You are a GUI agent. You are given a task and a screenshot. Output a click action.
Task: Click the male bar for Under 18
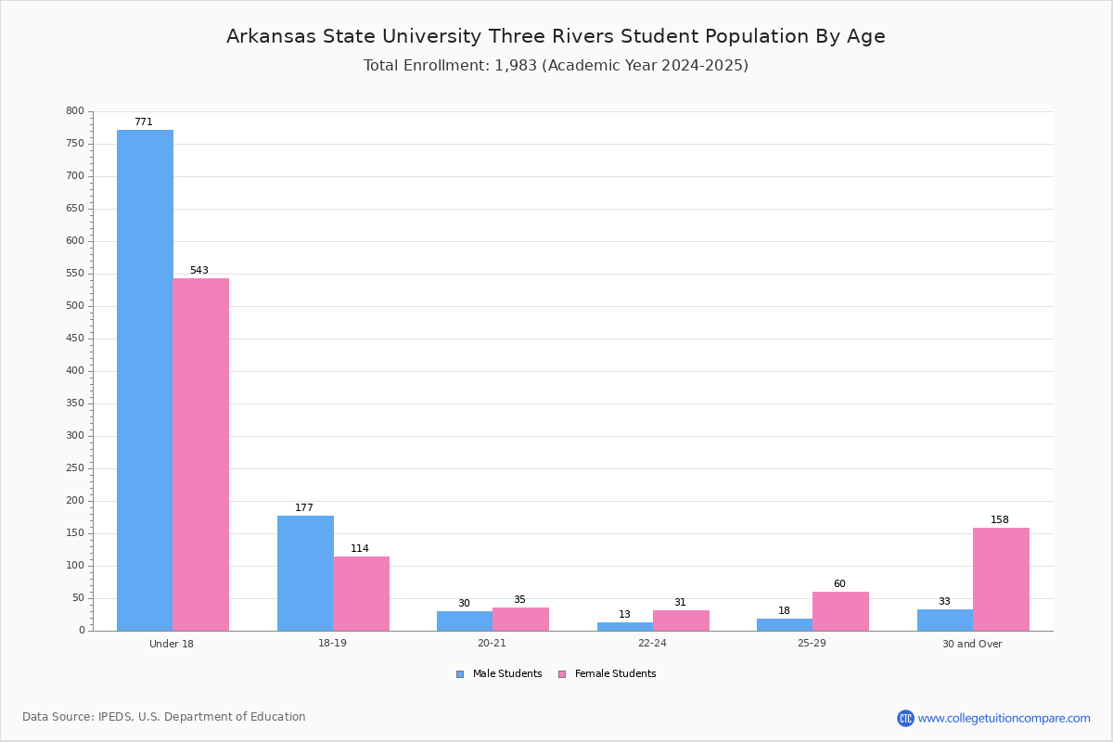click(x=145, y=380)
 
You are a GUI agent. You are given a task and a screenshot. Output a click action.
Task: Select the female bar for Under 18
click(x=200, y=454)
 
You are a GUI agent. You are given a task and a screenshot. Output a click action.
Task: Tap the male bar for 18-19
click(x=305, y=573)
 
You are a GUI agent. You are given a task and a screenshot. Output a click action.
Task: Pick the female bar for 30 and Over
click(x=1001, y=580)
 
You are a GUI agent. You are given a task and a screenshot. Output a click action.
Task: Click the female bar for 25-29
click(x=840, y=611)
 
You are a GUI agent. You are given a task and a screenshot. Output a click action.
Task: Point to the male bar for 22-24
click(x=625, y=627)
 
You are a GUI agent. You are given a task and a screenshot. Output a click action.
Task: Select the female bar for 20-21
click(x=520, y=620)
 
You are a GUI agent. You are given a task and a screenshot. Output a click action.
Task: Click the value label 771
click(x=144, y=122)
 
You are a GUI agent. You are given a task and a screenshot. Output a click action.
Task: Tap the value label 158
click(x=1000, y=519)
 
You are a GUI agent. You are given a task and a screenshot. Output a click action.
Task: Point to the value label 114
click(x=360, y=548)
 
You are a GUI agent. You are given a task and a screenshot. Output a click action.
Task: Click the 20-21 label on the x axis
click(x=492, y=643)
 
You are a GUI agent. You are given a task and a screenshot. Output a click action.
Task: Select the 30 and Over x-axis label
click(x=972, y=644)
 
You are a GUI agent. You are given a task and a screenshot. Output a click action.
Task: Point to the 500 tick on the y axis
click(x=75, y=306)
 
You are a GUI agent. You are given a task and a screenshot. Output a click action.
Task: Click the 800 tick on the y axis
click(x=75, y=110)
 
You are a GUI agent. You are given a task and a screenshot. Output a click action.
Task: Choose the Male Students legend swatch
click(x=460, y=674)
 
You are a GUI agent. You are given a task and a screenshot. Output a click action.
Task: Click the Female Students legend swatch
click(x=562, y=674)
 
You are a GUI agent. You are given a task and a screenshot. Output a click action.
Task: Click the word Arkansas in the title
click(x=271, y=36)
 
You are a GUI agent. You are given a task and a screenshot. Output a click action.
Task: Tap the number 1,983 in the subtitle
click(x=516, y=66)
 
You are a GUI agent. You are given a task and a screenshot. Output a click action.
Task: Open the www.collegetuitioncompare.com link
click(x=1004, y=718)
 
